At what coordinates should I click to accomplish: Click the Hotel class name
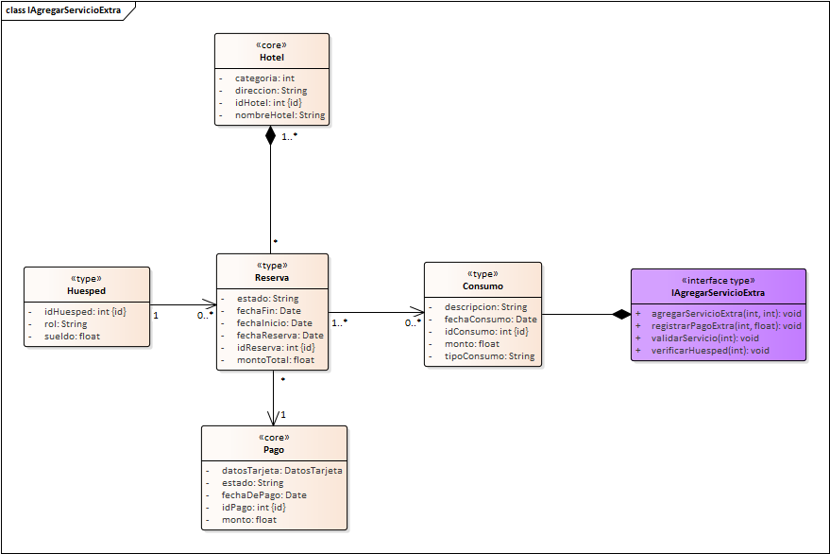pos(272,58)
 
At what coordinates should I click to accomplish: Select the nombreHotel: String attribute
pos(279,115)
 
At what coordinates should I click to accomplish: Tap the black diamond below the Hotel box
pos(272,135)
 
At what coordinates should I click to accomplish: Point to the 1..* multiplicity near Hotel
pos(290,138)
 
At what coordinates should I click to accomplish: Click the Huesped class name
pos(87,291)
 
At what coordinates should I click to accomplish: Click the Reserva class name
pos(272,278)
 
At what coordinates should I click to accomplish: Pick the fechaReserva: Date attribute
pos(279,335)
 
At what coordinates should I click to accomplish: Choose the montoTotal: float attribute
pos(276,359)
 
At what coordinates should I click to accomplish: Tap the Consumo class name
pos(483,286)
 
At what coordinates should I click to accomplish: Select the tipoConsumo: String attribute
pos(489,356)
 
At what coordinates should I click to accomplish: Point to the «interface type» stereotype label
pos(719,281)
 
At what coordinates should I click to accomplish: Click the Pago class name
pos(274,450)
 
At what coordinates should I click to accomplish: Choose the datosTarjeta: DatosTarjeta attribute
pos(281,470)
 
